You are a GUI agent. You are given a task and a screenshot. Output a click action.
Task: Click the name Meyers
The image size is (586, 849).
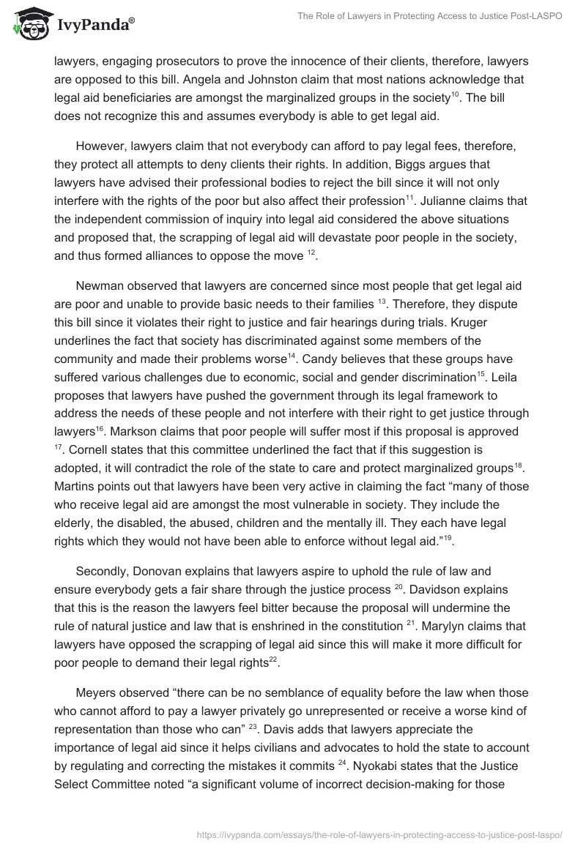click(x=99, y=692)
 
